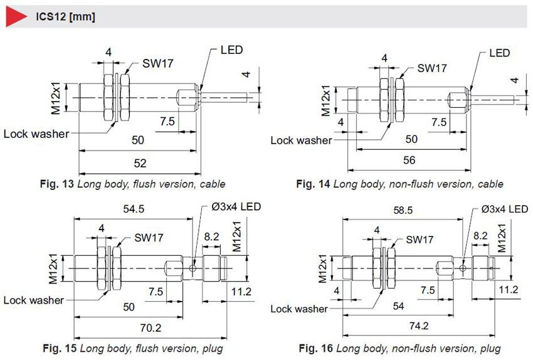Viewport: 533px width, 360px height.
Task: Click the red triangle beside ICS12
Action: (14, 16)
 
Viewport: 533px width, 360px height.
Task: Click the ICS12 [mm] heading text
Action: (65, 17)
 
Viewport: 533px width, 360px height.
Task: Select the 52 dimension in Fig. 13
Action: (140, 164)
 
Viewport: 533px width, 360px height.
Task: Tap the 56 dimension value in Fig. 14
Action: (409, 160)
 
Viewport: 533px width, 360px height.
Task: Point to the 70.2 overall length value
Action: (150, 328)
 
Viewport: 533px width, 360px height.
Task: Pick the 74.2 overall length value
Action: (419, 326)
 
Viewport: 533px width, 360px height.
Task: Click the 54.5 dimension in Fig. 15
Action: (134, 209)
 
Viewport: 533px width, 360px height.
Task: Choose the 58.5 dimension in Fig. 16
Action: (403, 211)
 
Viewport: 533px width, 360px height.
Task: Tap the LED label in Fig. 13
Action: (231, 50)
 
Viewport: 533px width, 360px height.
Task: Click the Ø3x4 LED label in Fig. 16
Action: (504, 209)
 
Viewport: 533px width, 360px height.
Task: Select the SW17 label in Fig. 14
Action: (431, 68)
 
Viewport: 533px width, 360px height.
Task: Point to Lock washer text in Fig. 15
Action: (33, 300)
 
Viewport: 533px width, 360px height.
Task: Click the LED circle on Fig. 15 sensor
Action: (193, 268)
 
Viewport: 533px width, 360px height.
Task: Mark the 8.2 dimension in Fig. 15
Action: (211, 236)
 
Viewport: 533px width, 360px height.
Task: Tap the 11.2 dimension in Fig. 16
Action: (508, 290)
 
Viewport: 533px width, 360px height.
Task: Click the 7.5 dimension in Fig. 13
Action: (167, 122)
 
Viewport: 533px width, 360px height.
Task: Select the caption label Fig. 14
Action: (313, 184)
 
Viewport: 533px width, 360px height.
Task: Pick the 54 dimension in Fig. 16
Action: (398, 306)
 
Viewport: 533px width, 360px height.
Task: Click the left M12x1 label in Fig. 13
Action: (55, 98)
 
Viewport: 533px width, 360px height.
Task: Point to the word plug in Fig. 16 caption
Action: (490, 349)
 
